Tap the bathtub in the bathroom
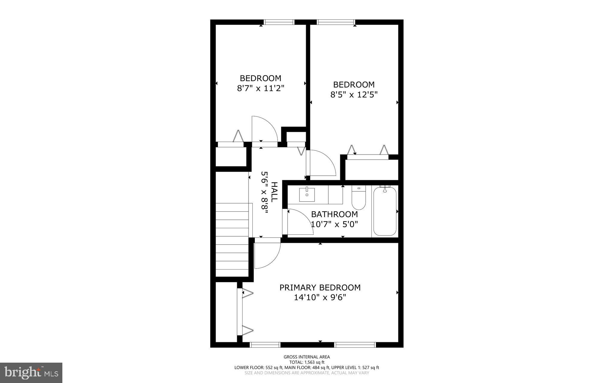coord(385,211)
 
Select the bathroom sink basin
coord(307,195)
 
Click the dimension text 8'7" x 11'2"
coord(260,88)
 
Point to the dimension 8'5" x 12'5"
coord(354,95)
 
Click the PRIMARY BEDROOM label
coord(320,287)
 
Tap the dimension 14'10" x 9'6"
coord(320,298)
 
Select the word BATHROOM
coord(334,214)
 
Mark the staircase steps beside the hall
coord(232,240)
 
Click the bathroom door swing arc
coord(300,222)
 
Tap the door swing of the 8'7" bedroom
coord(264,129)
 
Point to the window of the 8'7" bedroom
coord(279,22)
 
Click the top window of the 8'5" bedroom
coord(336,22)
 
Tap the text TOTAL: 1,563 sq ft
coord(307,362)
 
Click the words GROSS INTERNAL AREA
coord(307,357)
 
